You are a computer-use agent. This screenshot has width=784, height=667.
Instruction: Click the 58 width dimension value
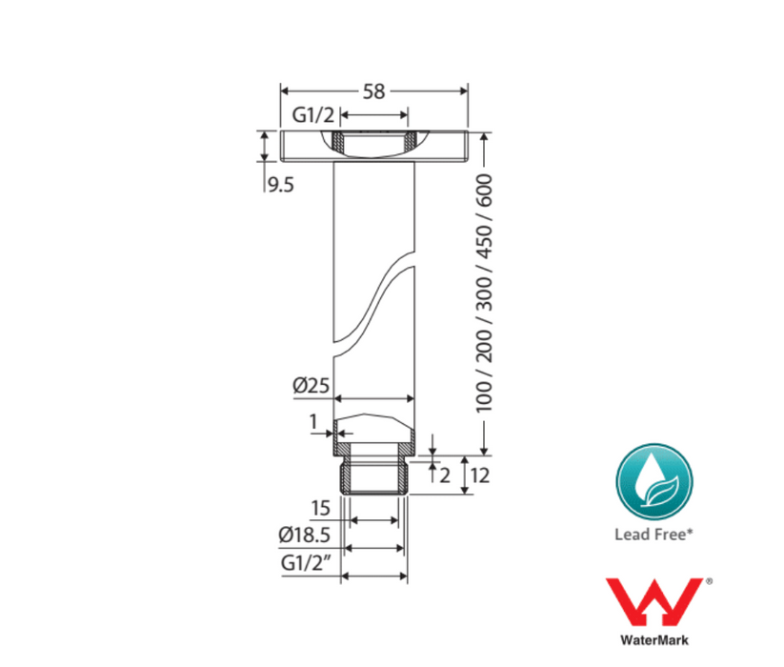374,91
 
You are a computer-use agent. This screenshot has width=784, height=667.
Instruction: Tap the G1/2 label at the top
313,115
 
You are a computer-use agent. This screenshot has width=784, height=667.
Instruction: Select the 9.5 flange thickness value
281,186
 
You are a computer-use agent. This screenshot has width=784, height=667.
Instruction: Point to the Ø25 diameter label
311,386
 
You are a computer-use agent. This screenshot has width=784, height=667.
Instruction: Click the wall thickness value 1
313,422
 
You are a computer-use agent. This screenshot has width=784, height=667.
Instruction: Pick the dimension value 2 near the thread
445,475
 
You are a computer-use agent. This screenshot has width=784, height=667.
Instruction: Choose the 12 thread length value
479,475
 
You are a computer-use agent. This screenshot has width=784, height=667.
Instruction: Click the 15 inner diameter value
320,508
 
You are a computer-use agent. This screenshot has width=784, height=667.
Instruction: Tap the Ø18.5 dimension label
305,535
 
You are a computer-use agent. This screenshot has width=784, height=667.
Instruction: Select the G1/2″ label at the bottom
307,563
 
